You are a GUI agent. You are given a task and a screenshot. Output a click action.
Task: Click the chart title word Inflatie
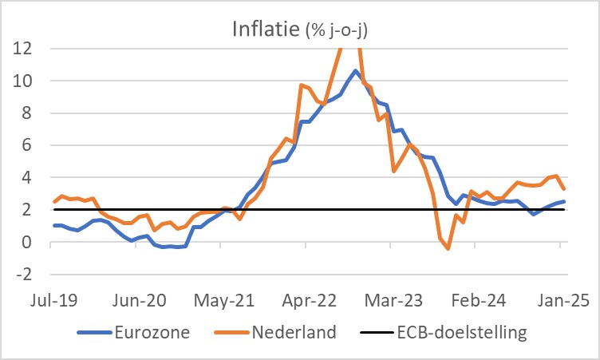click(x=266, y=30)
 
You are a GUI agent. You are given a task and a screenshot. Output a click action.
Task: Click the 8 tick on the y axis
click(x=26, y=113)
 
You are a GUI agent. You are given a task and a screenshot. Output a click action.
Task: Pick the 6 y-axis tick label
click(x=26, y=145)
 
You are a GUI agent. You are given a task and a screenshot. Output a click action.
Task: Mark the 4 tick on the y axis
click(x=26, y=177)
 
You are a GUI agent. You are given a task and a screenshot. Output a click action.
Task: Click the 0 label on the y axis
click(x=26, y=242)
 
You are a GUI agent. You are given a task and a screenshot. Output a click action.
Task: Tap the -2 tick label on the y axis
click(x=22, y=274)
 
